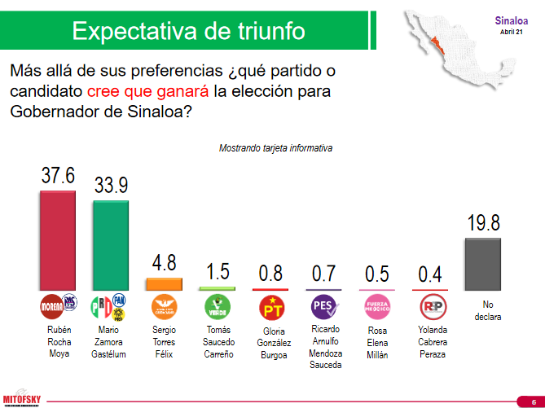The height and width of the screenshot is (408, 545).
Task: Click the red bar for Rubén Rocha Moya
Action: (x=58, y=241)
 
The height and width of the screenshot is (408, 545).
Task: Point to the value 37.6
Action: (x=58, y=176)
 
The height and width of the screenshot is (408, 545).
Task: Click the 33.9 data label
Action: (x=111, y=186)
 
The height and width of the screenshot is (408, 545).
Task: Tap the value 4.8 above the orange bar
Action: (x=164, y=264)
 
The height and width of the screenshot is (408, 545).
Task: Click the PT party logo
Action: (x=270, y=307)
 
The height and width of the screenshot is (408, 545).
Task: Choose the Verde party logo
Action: (x=217, y=307)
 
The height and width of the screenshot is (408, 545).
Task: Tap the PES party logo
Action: (x=323, y=307)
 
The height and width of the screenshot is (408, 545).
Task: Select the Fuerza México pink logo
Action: (x=376, y=307)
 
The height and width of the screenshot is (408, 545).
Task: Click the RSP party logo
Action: (x=429, y=307)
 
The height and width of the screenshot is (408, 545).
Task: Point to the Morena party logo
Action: (x=51, y=306)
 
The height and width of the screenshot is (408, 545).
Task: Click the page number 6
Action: (x=522, y=399)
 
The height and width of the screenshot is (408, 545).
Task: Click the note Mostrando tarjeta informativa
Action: (x=275, y=148)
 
